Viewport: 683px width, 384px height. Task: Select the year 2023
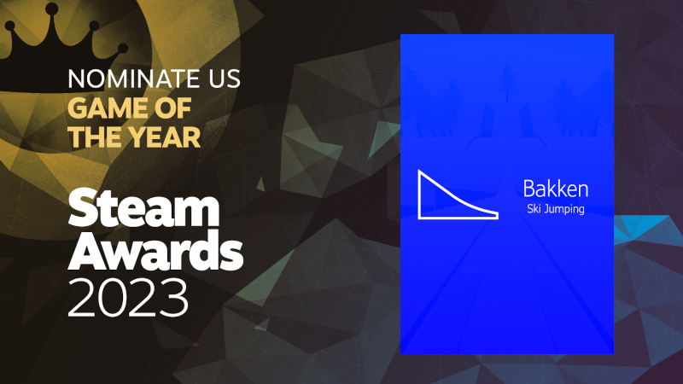click(128, 298)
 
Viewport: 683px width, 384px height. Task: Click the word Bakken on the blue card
click(556, 189)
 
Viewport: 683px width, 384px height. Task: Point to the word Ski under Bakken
click(534, 208)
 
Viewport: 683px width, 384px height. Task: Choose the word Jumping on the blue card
click(564, 209)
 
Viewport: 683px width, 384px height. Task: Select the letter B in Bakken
click(528, 189)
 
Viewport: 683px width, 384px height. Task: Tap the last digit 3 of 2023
click(174, 298)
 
